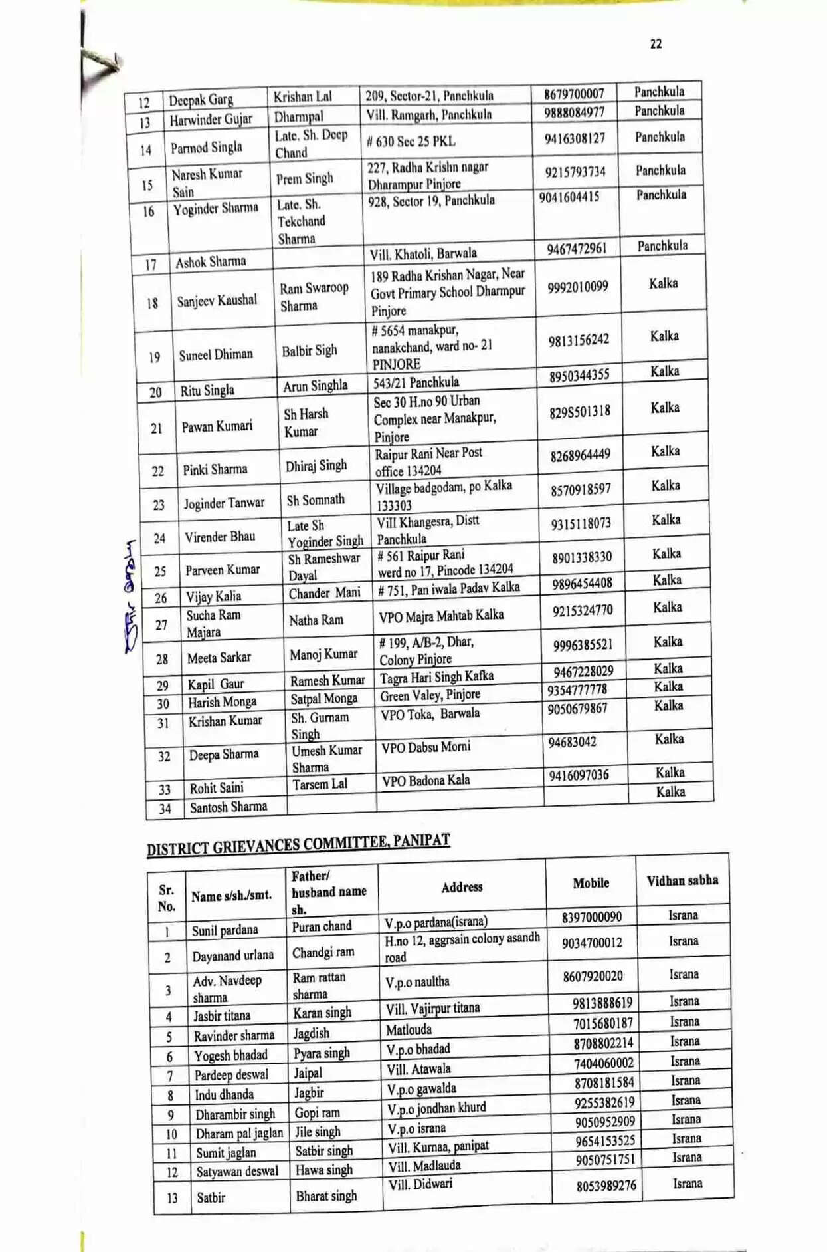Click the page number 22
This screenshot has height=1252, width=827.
(656, 44)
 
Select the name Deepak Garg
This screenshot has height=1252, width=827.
(201, 100)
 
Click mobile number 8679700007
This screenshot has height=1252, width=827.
(574, 94)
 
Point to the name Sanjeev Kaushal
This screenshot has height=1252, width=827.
(217, 301)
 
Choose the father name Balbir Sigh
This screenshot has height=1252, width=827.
(309, 350)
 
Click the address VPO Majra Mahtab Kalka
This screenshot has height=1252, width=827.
(441, 616)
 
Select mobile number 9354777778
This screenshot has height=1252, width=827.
(577, 690)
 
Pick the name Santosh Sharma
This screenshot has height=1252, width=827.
(229, 807)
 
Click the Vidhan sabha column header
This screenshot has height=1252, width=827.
(682, 880)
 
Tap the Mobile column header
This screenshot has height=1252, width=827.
(591, 883)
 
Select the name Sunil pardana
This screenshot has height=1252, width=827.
(225, 930)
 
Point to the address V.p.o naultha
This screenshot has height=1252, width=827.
(417, 982)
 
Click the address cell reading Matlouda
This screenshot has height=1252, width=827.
(409, 1030)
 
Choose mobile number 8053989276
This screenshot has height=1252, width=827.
(606, 1186)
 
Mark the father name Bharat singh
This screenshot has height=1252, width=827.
(326, 1196)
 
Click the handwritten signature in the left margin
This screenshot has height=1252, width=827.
(130, 595)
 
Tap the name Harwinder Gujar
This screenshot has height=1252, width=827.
(211, 120)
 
